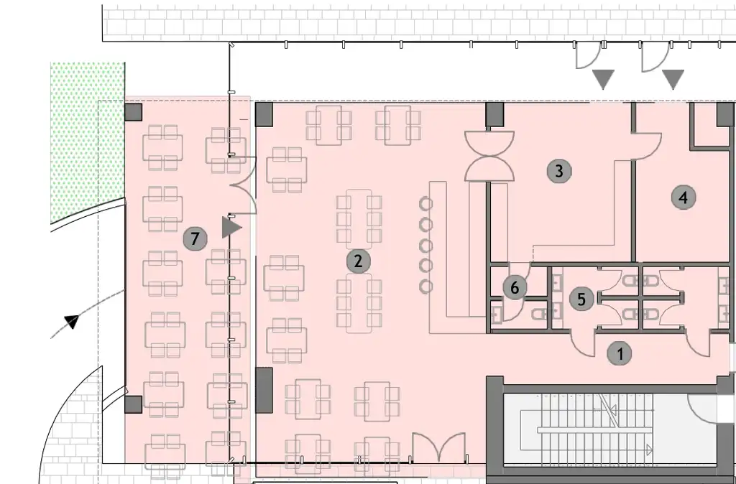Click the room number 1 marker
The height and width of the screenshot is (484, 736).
coord(620,353)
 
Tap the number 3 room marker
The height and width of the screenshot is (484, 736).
coord(558,171)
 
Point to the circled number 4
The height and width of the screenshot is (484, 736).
coord(684,197)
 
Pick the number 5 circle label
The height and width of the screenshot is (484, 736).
coord(581,298)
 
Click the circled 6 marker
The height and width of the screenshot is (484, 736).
coord(514,288)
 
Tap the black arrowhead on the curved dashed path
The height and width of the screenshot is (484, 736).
coord(71,321)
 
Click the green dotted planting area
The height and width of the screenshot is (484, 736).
coord(86,136)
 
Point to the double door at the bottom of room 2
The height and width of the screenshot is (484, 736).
coord(439,449)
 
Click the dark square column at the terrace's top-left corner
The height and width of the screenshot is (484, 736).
coord(133,112)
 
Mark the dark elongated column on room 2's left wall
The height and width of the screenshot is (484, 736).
coord(264,389)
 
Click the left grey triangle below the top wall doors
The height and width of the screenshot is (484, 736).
coord(602,78)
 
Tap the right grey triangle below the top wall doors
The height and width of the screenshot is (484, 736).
coord(673,78)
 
